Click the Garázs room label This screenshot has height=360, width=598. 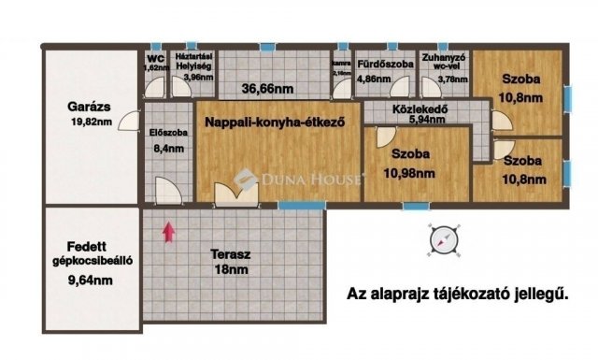tap(90, 106)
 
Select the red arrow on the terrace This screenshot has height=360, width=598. tap(168, 232)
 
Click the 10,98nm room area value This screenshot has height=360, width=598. tap(412, 172)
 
